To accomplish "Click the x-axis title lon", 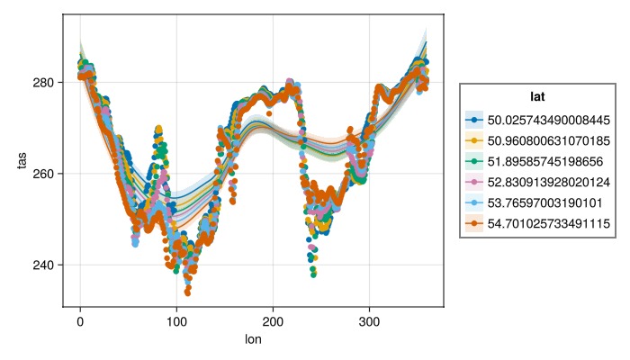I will (253, 339).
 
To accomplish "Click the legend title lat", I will (537, 95).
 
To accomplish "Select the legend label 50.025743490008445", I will (548, 120).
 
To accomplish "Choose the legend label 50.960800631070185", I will (548, 140).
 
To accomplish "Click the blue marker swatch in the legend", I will (474, 120).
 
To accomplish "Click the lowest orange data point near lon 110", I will (187, 292).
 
